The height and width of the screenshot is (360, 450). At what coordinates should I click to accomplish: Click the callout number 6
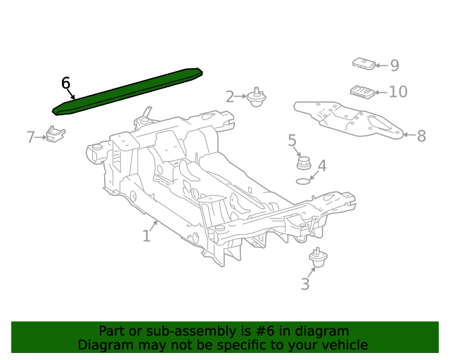point(65,83)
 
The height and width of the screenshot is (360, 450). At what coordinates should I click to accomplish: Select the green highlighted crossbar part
point(127,91)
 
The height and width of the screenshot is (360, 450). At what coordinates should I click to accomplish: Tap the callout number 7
point(31,137)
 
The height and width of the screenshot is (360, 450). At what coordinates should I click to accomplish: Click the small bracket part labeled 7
point(56,133)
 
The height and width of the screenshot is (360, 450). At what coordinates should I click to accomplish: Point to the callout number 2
point(229,97)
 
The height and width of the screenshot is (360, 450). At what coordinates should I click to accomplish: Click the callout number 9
point(394,65)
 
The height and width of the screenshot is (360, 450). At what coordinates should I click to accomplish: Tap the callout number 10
point(398,92)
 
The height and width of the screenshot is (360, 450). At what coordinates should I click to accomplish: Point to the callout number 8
point(421,136)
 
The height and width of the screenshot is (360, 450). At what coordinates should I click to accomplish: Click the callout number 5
point(292,141)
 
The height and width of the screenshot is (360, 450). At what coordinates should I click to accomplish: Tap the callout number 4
point(321,167)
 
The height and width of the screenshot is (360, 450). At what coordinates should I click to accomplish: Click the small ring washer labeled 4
point(302,181)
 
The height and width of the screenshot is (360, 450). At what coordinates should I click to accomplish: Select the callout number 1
point(146,236)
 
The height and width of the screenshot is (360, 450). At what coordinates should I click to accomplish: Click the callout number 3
point(304,284)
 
